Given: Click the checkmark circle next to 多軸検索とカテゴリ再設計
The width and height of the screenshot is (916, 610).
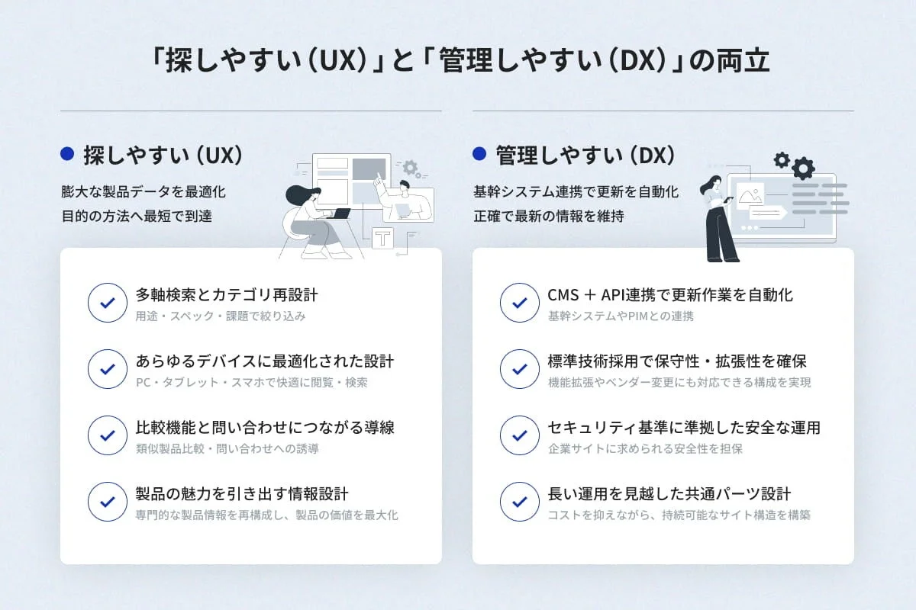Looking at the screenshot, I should [x=108, y=303].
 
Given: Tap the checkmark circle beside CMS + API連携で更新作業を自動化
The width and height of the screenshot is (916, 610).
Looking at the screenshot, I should [x=520, y=303].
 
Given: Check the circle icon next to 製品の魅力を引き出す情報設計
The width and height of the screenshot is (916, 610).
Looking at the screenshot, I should [x=108, y=502].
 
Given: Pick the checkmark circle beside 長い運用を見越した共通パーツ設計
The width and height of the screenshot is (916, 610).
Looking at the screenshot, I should [x=520, y=502].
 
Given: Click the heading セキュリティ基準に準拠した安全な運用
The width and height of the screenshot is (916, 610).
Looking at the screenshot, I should [x=684, y=428].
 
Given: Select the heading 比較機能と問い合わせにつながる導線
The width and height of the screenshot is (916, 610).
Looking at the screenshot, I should [x=265, y=428].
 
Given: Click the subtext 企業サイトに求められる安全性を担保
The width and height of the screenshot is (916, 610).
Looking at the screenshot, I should [x=645, y=448].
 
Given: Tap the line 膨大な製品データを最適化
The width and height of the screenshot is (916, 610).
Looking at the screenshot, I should [x=144, y=191].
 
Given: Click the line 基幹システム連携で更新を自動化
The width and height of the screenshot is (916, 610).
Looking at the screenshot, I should [x=576, y=191].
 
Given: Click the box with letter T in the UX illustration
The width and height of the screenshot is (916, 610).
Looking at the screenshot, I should [x=382, y=237].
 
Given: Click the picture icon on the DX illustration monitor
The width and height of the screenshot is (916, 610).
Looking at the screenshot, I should [x=751, y=194].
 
